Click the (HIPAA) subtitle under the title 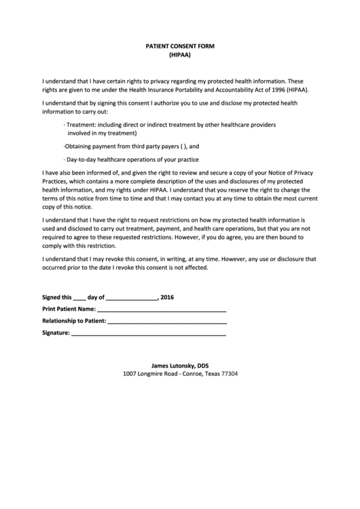coord(179,55)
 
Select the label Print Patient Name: coord(69,309)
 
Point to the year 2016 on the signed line coord(168,297)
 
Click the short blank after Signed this coord(79,298)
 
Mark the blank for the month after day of coord(132,298)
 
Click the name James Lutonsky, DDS coord(179,365)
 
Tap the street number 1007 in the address coord(130,374)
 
